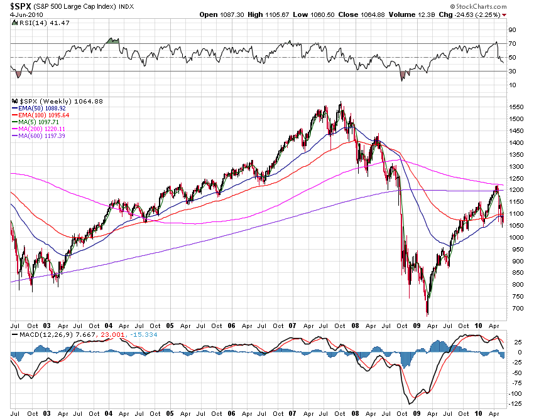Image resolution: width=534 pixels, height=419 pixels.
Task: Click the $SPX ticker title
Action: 23,6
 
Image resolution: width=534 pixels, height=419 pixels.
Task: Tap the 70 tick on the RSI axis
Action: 512,43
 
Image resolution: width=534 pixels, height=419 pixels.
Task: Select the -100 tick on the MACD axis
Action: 516,393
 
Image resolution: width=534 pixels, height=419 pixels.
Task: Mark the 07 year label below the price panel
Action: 292,326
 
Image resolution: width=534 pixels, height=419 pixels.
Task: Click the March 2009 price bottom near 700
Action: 427,313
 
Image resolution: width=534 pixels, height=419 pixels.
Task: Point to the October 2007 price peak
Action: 341,103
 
